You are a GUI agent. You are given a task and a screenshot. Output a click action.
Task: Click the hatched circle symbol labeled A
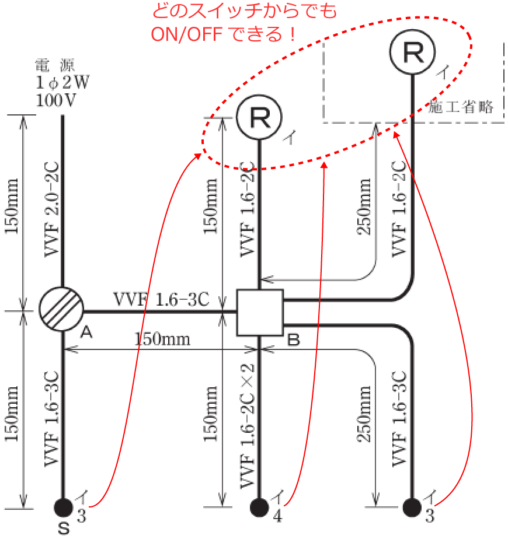point(61,310)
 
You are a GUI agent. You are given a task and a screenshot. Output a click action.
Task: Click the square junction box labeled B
point(260,313)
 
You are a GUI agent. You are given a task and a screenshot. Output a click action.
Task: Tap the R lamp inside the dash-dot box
point(413,51)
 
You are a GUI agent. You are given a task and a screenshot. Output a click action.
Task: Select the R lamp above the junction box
point(259,117)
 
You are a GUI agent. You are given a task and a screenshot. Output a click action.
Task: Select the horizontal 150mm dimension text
point(162,339)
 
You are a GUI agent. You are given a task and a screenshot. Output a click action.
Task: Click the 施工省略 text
point(461,107)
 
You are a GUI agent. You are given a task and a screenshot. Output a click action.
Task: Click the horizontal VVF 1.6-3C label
point(161,299)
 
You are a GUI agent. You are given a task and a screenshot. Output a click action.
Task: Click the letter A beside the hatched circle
point(86,332)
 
